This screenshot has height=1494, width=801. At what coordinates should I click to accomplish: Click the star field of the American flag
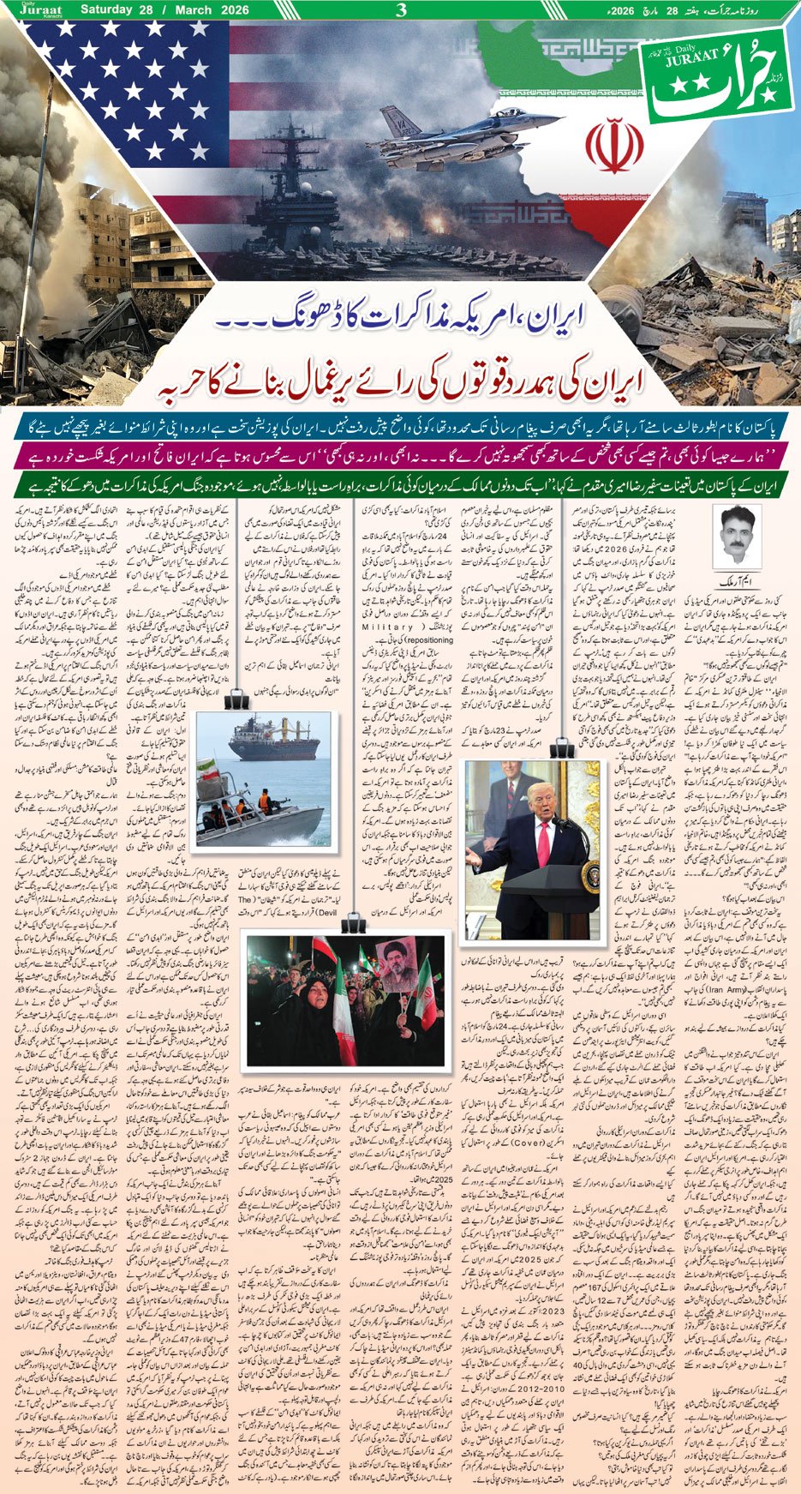(129, 86)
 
